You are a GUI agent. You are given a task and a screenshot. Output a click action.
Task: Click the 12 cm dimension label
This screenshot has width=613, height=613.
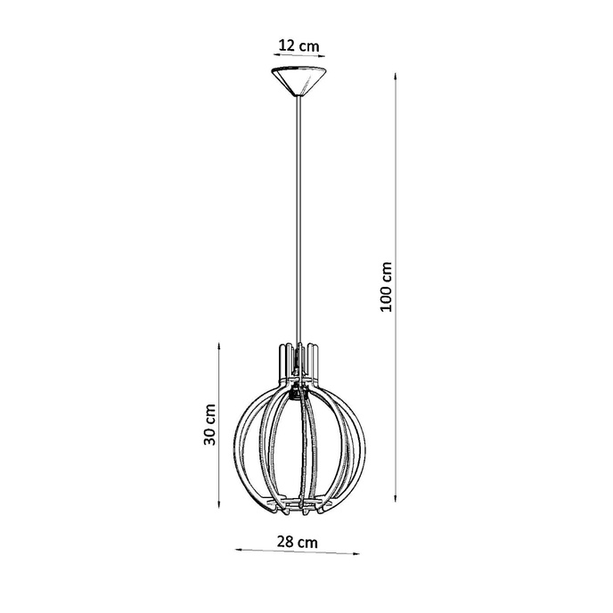pyautogui.click(x=298, y=44)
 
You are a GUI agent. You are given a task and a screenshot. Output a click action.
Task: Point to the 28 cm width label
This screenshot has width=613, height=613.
pyautogui.click(x=297, y=540)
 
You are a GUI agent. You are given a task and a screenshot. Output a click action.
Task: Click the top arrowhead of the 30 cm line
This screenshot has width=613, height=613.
pyautogui.click(x=220, y=344)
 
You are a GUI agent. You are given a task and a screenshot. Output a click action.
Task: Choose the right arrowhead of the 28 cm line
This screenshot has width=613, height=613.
pyautogui.click(x=358, y=552)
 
